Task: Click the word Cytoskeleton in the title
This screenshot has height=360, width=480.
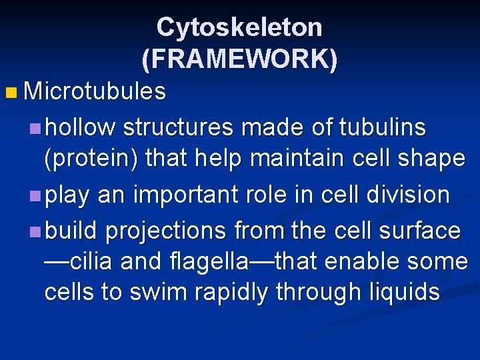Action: click(239, 27)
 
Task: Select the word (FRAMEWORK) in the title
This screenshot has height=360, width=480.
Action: click(239, 59)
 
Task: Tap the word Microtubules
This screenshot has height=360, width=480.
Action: click(94, 91)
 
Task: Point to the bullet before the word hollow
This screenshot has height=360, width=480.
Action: click(35, 127)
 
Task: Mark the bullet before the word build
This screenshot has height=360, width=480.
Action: click(35, 231)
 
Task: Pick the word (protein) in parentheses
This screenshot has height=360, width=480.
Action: click(91, 159)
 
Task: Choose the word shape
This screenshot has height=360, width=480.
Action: click(428, 159)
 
